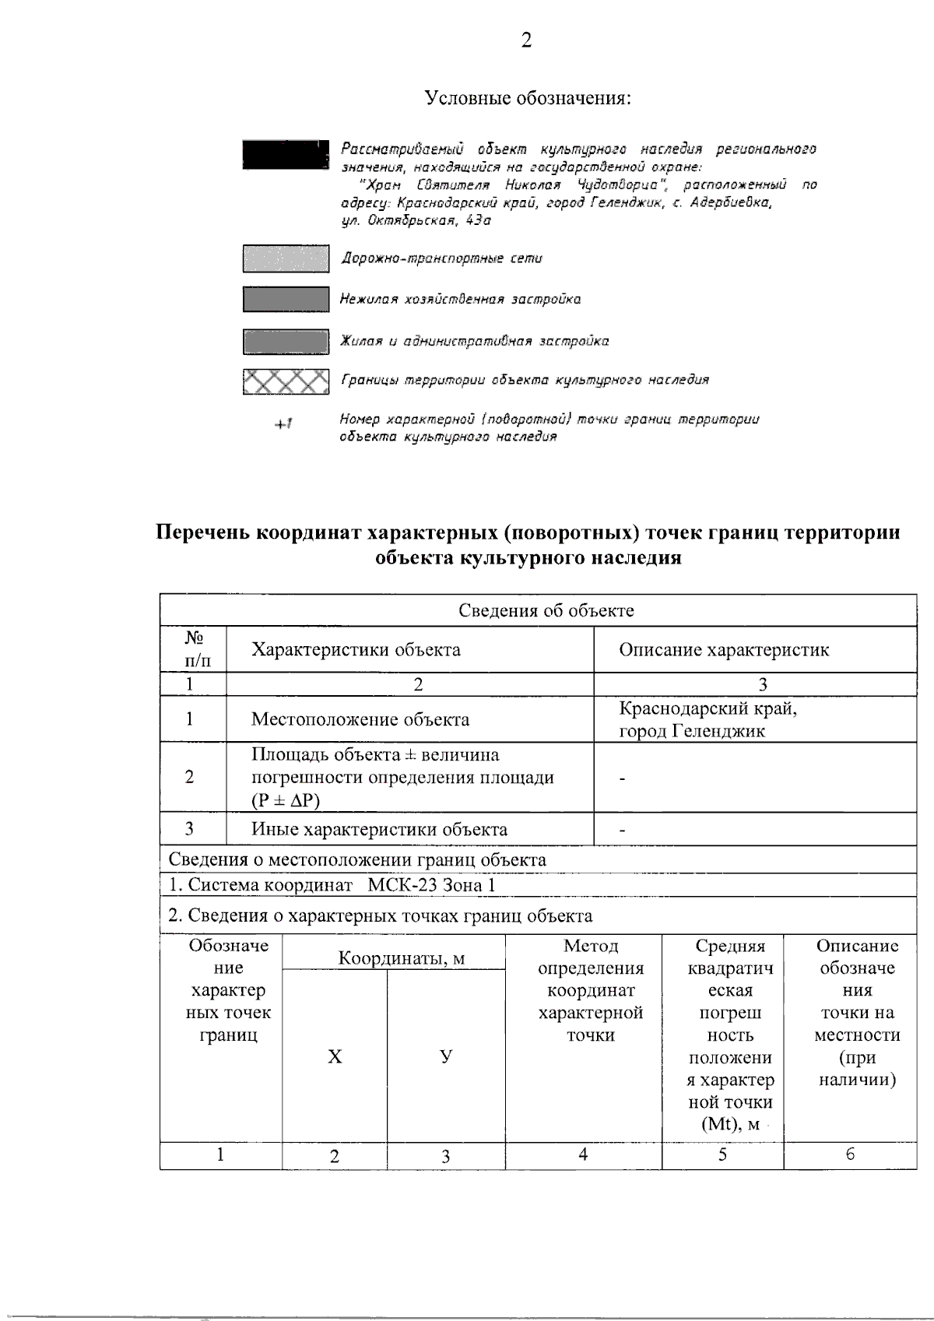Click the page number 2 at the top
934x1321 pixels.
(526, 41)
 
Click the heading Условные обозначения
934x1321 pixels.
(527, 99)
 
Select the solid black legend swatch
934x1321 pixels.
(284, 154)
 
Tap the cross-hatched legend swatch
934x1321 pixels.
(285, 381)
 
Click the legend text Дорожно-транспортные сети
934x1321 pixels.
(441, 258)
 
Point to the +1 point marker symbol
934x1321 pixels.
(283, 424)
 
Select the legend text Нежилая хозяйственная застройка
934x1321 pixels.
(460, 299)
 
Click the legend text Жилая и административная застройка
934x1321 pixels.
(474, 341)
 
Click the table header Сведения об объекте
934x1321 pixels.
(546, 611)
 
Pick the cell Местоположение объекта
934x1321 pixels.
(360, 719)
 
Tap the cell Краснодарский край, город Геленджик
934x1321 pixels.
(707, 719)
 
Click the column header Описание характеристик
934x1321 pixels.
(724, 650)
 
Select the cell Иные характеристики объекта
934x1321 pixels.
(379, 830)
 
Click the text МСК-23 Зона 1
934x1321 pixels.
(430, 886)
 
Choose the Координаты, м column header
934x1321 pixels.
(401, 958)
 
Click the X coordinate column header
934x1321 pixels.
(334, 1056)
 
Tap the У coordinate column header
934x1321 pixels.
(445, 1056)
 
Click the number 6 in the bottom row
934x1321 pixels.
(850, 1154)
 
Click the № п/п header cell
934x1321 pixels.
(194, 650)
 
